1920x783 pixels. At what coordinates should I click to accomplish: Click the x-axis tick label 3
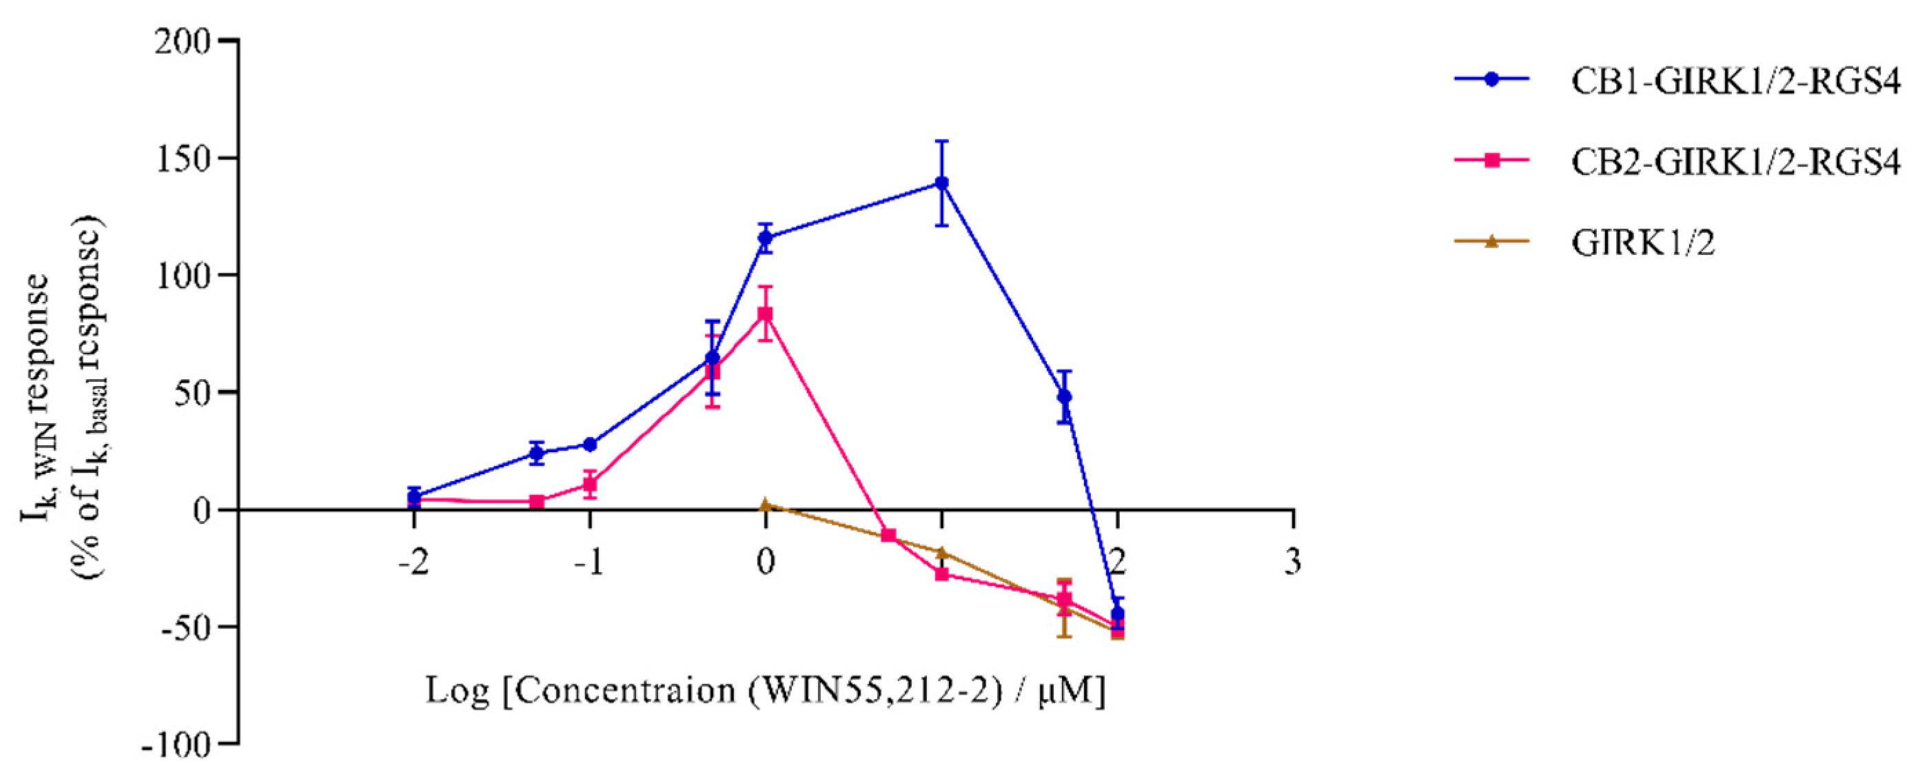(1293, 561)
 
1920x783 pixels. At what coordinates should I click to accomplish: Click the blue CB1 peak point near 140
(942, 183)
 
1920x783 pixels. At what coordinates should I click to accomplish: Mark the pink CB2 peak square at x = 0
(766, 314)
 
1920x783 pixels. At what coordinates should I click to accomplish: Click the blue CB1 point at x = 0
(766, 238)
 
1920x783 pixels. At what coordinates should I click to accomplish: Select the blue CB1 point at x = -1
(589, 445)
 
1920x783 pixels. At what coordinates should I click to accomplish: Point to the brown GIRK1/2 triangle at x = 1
(942, 553)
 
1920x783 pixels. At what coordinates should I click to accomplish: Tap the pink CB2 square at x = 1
(942, 574)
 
